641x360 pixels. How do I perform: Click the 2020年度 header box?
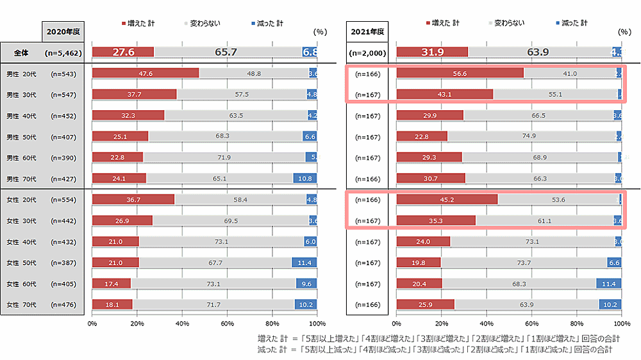pos(62,31)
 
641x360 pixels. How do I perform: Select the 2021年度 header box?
pos(367,31)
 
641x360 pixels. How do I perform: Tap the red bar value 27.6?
pos(123,52)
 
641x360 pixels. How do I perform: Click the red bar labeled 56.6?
pos(460,74)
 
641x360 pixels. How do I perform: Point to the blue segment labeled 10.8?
pos(305,179)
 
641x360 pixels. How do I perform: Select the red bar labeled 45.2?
pos(447,200)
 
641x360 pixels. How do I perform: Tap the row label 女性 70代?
pos(21,304)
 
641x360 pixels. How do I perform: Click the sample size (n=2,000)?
pos(367,53)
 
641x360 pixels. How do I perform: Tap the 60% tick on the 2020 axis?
pos(227,323)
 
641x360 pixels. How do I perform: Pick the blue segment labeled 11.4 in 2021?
pos(609,284)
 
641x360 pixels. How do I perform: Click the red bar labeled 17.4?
pos(111,284)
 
